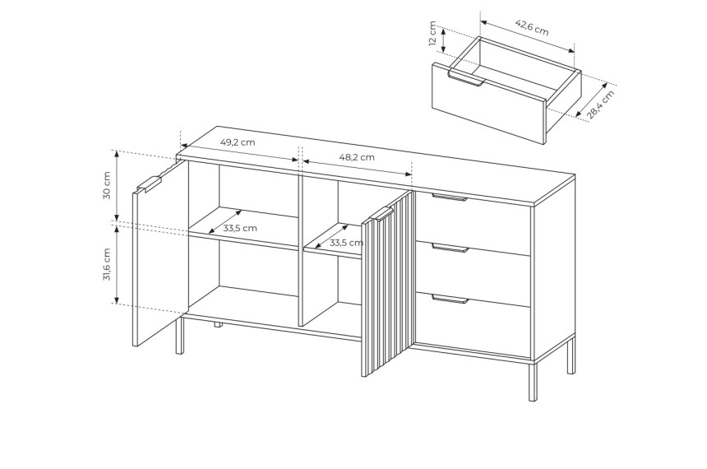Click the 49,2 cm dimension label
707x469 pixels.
[x=237, y=142]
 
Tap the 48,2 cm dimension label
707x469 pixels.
[x=357, y=157]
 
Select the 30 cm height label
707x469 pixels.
[x=107, y=185]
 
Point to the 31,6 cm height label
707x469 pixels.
[x=107, y=264]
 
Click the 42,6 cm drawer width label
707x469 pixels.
[x=532, y=27]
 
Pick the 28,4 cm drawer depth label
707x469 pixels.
[x=601, y=104]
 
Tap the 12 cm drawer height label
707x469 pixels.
[x=432, y=34]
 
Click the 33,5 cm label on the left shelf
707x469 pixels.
[x=240, y=229]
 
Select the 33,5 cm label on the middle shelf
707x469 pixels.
[x=346, y=243]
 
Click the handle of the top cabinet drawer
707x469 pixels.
[x=450, y=197]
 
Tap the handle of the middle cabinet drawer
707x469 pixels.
[x=450, y=248]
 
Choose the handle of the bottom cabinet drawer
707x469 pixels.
[x=450, y=300]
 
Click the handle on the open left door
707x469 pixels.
[x=150, y=184]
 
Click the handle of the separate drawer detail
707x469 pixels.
[x=466, y=78]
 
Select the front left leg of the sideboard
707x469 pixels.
[x=179, y=336]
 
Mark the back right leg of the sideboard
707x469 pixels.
[x=571, y=355]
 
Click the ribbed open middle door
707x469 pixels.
[x=387, y=286]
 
